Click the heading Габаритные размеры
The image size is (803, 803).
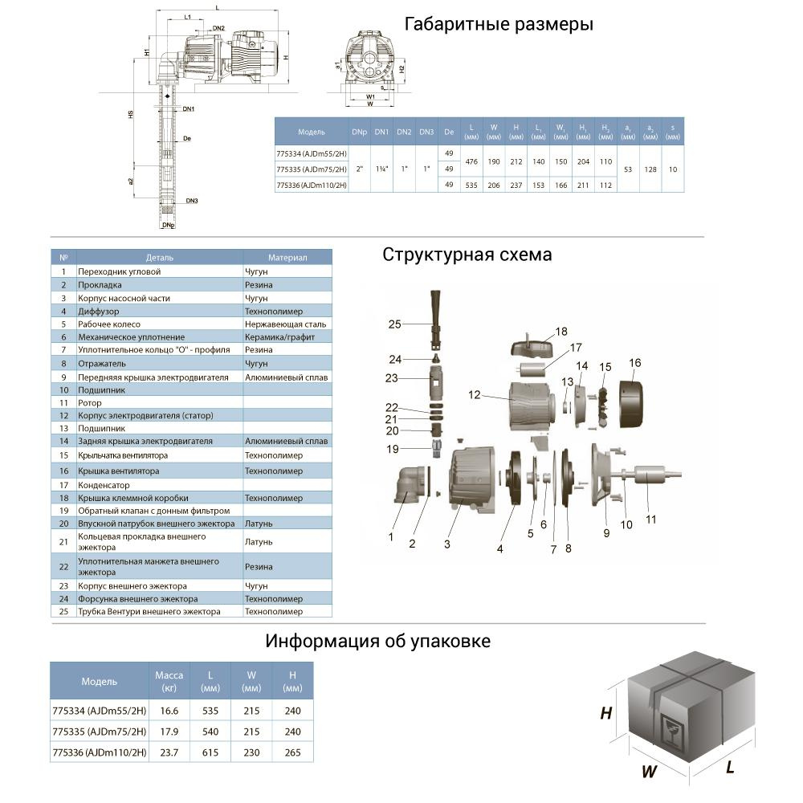(x=499, y=25)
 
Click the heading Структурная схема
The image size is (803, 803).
(x=467, y=255)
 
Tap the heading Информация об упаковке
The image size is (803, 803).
(x=377, y=642)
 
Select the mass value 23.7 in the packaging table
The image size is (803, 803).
(x=169, y=752)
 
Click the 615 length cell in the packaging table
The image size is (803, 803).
(x=210, y=752)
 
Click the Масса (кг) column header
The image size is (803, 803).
(x=169, y=682)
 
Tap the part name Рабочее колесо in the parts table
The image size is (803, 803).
(x=108, y=324)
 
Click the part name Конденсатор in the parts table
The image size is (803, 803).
(x=104, y=485)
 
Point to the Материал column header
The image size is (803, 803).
(x=287, y=258)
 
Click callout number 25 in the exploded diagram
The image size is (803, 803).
(x=393, y=324)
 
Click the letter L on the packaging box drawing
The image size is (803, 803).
(x=730, y=768)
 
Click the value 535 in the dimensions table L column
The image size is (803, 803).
(x=471, y=185)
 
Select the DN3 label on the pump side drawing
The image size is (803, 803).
(x=191, y=201)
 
